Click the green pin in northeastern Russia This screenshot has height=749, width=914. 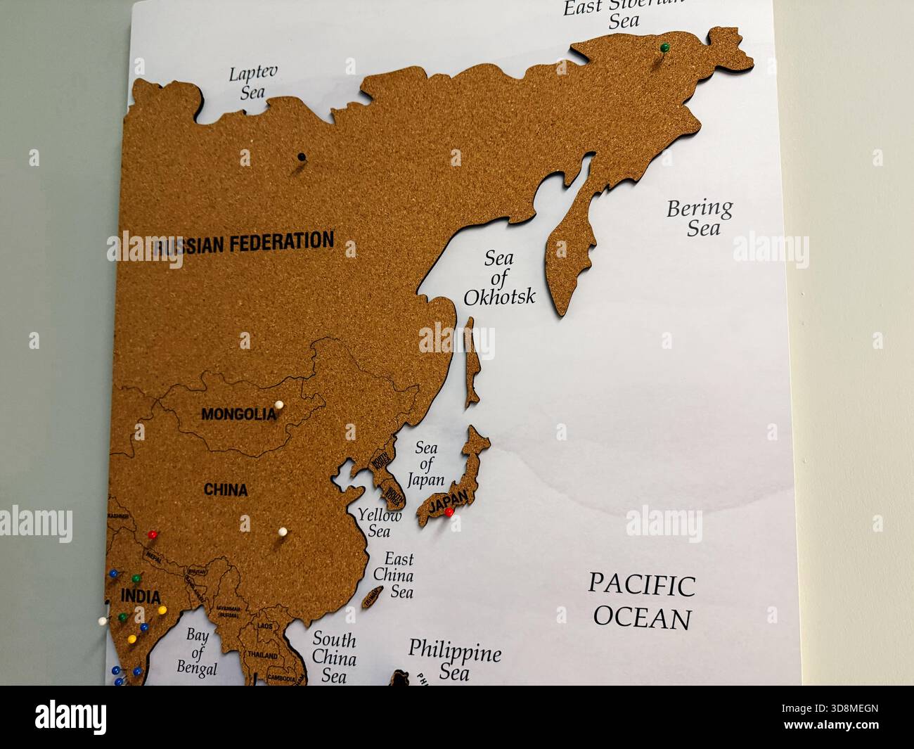point(664,48)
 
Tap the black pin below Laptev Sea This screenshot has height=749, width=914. point(302,157)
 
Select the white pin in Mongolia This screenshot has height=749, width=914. point(279,405)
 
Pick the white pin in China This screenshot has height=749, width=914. point(283,532)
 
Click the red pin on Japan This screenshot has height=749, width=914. point(449,512)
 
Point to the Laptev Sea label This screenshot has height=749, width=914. point(252,82)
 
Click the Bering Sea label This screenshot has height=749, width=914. point(699,217)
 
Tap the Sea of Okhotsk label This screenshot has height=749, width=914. point(499,277)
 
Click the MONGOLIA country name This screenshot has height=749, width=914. point(238,414)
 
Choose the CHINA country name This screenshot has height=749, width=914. point(226,489)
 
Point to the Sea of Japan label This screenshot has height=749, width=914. point(427,463)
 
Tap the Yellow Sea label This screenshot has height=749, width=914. point(380,523)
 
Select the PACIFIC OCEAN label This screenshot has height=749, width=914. point(642,601)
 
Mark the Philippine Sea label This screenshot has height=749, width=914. point(455,659)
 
